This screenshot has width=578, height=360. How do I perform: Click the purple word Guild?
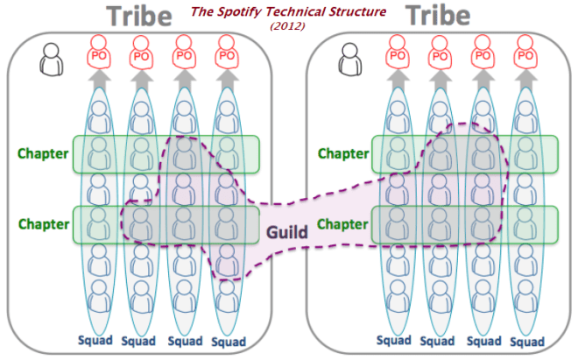click(286, 233)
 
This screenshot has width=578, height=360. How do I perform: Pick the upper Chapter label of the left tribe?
click(43, 154)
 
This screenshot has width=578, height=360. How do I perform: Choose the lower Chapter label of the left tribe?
click(43, 224)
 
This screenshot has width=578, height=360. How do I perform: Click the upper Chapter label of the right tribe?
click(343, 154)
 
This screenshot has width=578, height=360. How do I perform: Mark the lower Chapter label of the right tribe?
click(343, 224)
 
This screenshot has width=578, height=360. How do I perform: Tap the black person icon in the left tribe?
click(52, 60)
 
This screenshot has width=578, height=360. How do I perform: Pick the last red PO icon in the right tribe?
click(526, 54)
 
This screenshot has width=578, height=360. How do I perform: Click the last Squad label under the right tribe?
click(526, 340)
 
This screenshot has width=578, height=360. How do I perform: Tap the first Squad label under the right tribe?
click(394, 340)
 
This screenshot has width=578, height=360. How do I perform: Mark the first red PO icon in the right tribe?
click(394, 54)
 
